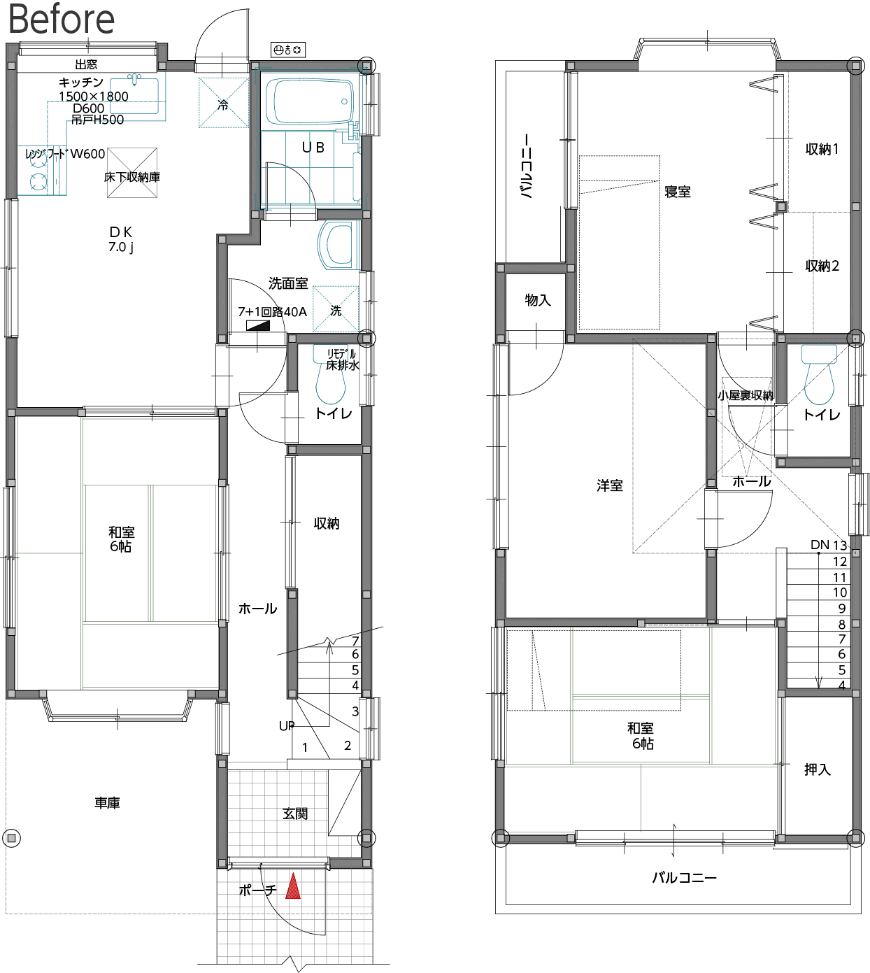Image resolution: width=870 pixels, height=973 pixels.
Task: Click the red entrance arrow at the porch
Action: pos(293,886)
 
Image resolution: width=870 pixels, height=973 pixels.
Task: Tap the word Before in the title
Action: pos(62,19)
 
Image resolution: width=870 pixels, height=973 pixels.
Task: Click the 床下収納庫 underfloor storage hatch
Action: pos(132,172)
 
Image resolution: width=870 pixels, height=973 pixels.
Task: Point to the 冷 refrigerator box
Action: pos(224,103)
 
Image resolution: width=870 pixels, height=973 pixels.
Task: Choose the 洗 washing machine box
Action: pos(336,308)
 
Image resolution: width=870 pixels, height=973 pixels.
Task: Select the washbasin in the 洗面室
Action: pos(338,245)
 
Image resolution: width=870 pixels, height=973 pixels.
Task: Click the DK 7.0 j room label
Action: pos(121,239)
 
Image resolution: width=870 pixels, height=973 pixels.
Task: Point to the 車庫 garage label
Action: pos(107,803)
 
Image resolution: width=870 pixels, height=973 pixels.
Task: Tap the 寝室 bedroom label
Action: pos(678,192)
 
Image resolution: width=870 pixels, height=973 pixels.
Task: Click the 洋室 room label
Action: pos(609,485)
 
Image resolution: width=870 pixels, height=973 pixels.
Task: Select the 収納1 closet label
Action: pos(822,150)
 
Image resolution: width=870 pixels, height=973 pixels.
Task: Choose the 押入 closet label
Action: pos(817,770)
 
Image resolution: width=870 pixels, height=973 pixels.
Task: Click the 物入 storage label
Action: pos(538,300)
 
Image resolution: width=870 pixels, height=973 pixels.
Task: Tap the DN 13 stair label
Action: pos(829,545)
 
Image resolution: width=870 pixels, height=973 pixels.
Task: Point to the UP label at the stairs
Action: pos(287,726)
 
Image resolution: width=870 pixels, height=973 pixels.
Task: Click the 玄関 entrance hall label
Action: pos(295,814)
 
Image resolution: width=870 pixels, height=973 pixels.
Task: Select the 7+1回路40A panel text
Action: pos(272,312)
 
